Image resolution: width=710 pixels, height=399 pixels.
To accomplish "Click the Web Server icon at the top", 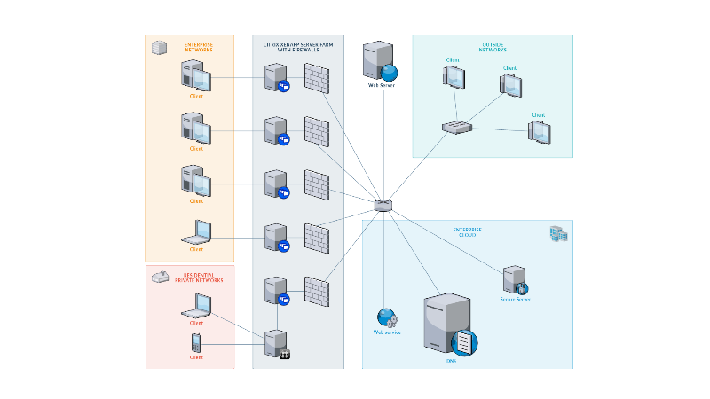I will point(380,61).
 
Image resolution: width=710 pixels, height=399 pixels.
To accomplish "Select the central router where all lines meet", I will point(383,205).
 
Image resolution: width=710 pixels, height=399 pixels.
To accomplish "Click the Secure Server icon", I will point(515,280).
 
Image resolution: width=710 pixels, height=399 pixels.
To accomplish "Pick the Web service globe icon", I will point(386,317).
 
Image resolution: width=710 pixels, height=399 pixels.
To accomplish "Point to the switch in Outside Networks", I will point(457,127).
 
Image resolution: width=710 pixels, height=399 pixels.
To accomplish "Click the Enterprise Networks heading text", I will point(199,47).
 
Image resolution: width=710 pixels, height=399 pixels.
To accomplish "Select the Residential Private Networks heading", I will point(198,278).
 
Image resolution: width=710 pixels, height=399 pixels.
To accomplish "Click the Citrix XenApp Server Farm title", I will point(296,46).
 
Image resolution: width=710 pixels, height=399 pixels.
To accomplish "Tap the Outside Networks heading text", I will point(493,47).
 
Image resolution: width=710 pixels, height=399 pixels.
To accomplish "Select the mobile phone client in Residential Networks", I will point(196,342).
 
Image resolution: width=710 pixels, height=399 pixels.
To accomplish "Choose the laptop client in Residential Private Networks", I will point(196,306).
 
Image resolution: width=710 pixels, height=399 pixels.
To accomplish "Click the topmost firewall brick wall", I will point(317,77).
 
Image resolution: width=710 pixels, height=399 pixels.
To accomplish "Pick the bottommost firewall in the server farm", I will point(317,291).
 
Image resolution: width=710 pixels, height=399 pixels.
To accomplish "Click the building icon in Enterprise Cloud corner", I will point(558,234).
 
